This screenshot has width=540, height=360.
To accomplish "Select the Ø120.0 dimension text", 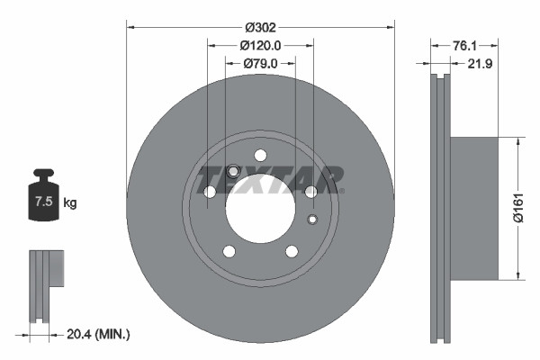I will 261,46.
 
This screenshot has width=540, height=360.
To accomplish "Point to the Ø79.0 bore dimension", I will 260,63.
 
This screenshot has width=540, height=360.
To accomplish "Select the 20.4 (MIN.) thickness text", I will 99,334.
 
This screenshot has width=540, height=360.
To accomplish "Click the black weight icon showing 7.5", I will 43,195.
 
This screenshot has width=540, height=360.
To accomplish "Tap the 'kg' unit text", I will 70,203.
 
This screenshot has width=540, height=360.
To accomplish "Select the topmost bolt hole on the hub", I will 260,155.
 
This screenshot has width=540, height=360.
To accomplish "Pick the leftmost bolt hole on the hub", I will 210,192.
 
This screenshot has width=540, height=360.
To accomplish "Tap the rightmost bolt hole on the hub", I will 310,192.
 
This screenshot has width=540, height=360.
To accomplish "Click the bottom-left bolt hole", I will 229,251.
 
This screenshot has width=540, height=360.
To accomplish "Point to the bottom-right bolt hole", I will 292,251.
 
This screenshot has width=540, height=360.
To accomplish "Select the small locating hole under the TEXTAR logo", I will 232,171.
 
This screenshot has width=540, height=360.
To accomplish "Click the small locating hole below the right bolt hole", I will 312,220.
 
